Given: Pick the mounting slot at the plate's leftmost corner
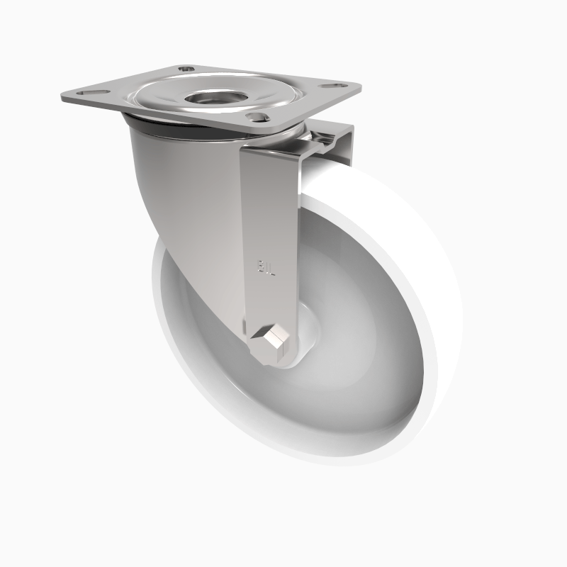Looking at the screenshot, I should click(91, 93).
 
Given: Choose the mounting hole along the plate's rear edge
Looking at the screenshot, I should click(186, 69).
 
